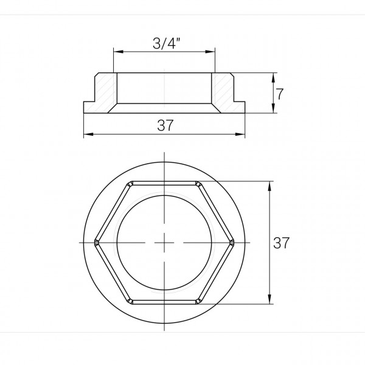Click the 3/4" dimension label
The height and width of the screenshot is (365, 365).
coord(164,44)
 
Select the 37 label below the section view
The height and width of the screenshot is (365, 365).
coord(164,125)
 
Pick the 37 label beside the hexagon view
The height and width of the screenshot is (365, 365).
coord(281,243)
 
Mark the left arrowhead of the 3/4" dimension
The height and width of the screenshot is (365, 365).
coord(116,52)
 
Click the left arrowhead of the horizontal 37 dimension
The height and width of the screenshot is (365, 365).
coord(85,134)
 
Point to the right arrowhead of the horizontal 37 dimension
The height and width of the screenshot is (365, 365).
coord(243,134)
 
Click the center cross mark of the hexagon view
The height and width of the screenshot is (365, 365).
coord(164,242)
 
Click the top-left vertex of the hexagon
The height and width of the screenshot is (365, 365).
coord(129,182)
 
